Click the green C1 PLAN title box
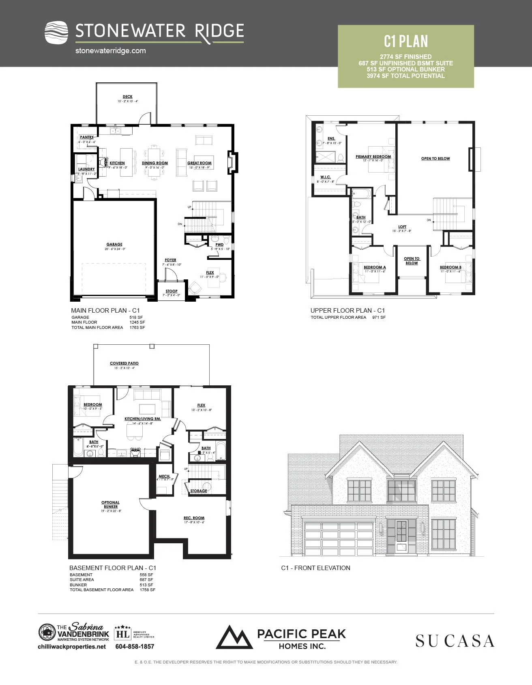[x=405, y=56]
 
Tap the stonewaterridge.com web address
[x=110, y=51]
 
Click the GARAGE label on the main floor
[x=114, y=244]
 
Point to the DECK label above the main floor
[x=127, y=97]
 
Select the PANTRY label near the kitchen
[x=87, y=137]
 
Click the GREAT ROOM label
[x=199, y=163]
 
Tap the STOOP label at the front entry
[x=172, y=291]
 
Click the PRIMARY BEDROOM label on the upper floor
[x=373, y=156]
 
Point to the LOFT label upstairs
[x=402, y=227]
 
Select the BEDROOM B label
[x=450, y=267]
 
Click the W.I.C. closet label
[x=326, y=177]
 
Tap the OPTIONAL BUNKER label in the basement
[x=110, y=504]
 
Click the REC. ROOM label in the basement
[x=194, y=518]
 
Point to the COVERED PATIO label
[x=124, y=363]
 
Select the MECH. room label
[x=164, y=476]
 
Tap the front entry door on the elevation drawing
[x=401, y=536]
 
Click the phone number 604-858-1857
[x=135, y=646]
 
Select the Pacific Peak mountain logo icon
[x=234, y=637]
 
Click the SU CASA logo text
[x=455, y=641]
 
